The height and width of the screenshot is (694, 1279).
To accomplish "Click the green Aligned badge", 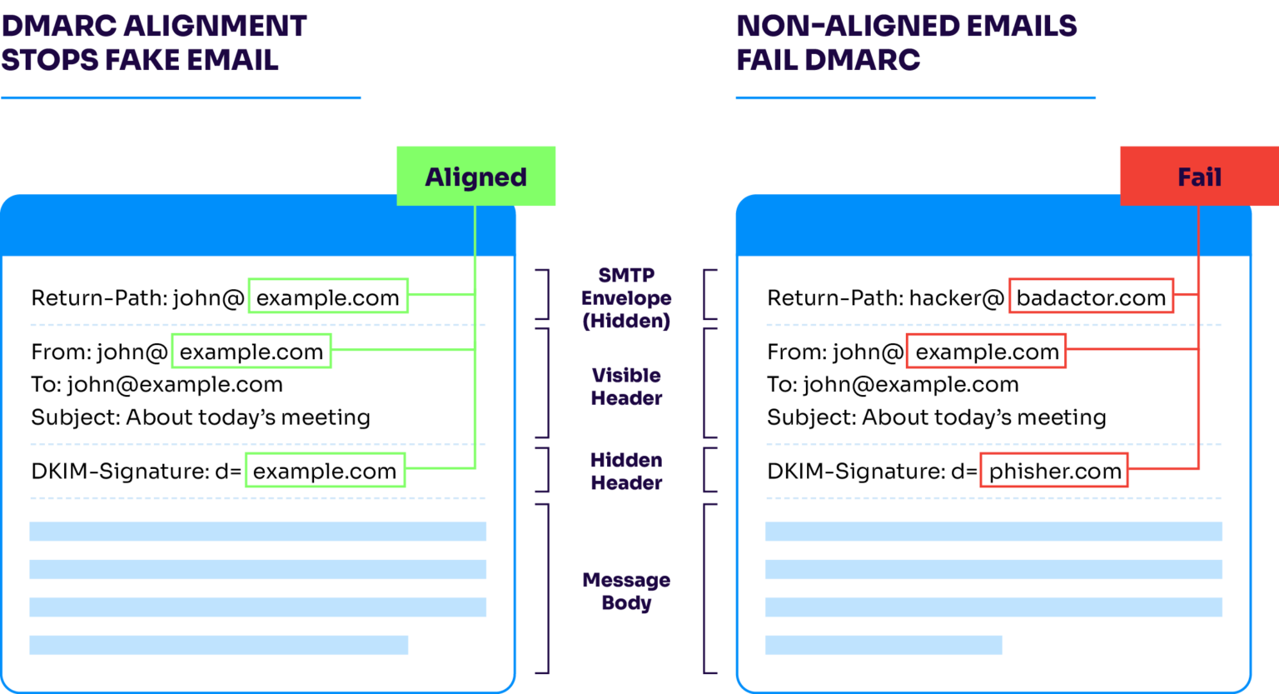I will pyautogui.click(x=475, y=177).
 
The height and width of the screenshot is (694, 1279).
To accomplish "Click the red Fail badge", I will pyautogui.click(x=1198, y=177).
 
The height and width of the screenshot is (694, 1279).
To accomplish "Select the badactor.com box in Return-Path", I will pyautogui.click(x=1091, y=297).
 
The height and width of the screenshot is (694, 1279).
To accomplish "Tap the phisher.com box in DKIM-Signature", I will pyautogui.click(x=1054, y=471).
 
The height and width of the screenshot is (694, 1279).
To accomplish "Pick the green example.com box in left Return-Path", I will pyautogui.click(x=327, y=297).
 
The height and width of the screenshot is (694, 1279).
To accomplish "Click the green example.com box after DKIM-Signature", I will pyautogui.click(x=325, y=471).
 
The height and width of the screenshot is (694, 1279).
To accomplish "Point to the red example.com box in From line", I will pyautogui.click(x=986, y=352).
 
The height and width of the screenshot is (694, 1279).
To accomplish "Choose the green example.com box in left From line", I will pyautogui.click(x=251, y=352).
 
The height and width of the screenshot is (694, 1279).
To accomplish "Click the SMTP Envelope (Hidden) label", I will pyautogui.click(x=626, y=297).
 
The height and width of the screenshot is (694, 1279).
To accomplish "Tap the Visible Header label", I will pyautogui.click(x=626, y=387).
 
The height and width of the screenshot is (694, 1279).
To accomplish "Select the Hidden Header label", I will pyautogui.click(x=626, y=471).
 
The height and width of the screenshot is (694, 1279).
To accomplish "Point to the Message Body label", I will pyautogui.click(x=626, y=591).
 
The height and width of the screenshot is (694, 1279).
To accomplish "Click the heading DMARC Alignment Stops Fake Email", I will pyautogui.click(x=154, y=43).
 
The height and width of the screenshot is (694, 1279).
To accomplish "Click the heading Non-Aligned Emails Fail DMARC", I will pyautogui.click(x=906, y=43).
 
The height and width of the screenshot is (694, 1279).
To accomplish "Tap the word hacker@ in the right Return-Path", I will pyautogui.click(x=956, y=297).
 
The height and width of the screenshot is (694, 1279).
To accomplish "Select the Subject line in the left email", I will pyautogui.click(x=201, y=417).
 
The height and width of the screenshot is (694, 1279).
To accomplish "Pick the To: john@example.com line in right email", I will pyautogui.click(x=893, y=384).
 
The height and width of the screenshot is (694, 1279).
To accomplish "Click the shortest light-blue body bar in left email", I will pyautogui.click(x=218, y=645).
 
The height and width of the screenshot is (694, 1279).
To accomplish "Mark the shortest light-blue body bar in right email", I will pyautogui.click(x=883, y=645).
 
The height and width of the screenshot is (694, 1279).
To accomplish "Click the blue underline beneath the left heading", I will pyautogui.click(x=181, y=98).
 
